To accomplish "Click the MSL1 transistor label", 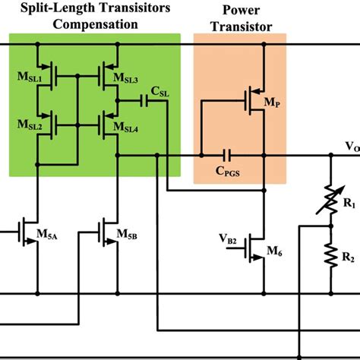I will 28,79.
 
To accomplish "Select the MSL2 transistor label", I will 28,121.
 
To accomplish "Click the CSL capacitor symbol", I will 144,99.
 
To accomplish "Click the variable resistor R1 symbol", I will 331,194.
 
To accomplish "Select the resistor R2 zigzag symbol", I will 331,254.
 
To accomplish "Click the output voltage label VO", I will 351,147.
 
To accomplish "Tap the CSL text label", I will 160,91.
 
